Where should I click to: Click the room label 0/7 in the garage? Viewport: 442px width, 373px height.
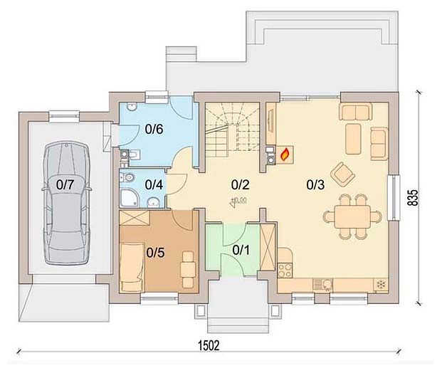65,185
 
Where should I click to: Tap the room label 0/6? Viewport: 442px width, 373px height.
154,129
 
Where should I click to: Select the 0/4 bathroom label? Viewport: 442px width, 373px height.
154,185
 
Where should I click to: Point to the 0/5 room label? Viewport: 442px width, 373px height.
155,253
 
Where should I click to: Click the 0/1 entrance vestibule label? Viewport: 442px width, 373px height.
241,250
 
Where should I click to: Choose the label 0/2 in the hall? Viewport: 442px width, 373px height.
241,184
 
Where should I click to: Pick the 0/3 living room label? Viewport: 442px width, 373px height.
315,184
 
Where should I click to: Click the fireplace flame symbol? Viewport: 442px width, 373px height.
285,154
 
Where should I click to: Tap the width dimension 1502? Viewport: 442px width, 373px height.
209,345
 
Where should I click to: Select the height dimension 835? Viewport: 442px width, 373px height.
413,197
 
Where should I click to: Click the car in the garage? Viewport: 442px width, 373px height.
67,203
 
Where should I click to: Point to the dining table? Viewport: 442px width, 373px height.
352,216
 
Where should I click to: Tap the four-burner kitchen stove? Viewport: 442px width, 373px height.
285,270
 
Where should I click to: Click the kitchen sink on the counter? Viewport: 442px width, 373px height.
323,285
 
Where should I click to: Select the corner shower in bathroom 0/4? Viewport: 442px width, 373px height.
130,198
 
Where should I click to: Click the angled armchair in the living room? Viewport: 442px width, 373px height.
343,174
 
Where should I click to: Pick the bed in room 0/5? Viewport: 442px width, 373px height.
132,267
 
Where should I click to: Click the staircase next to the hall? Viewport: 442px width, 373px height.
232,130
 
